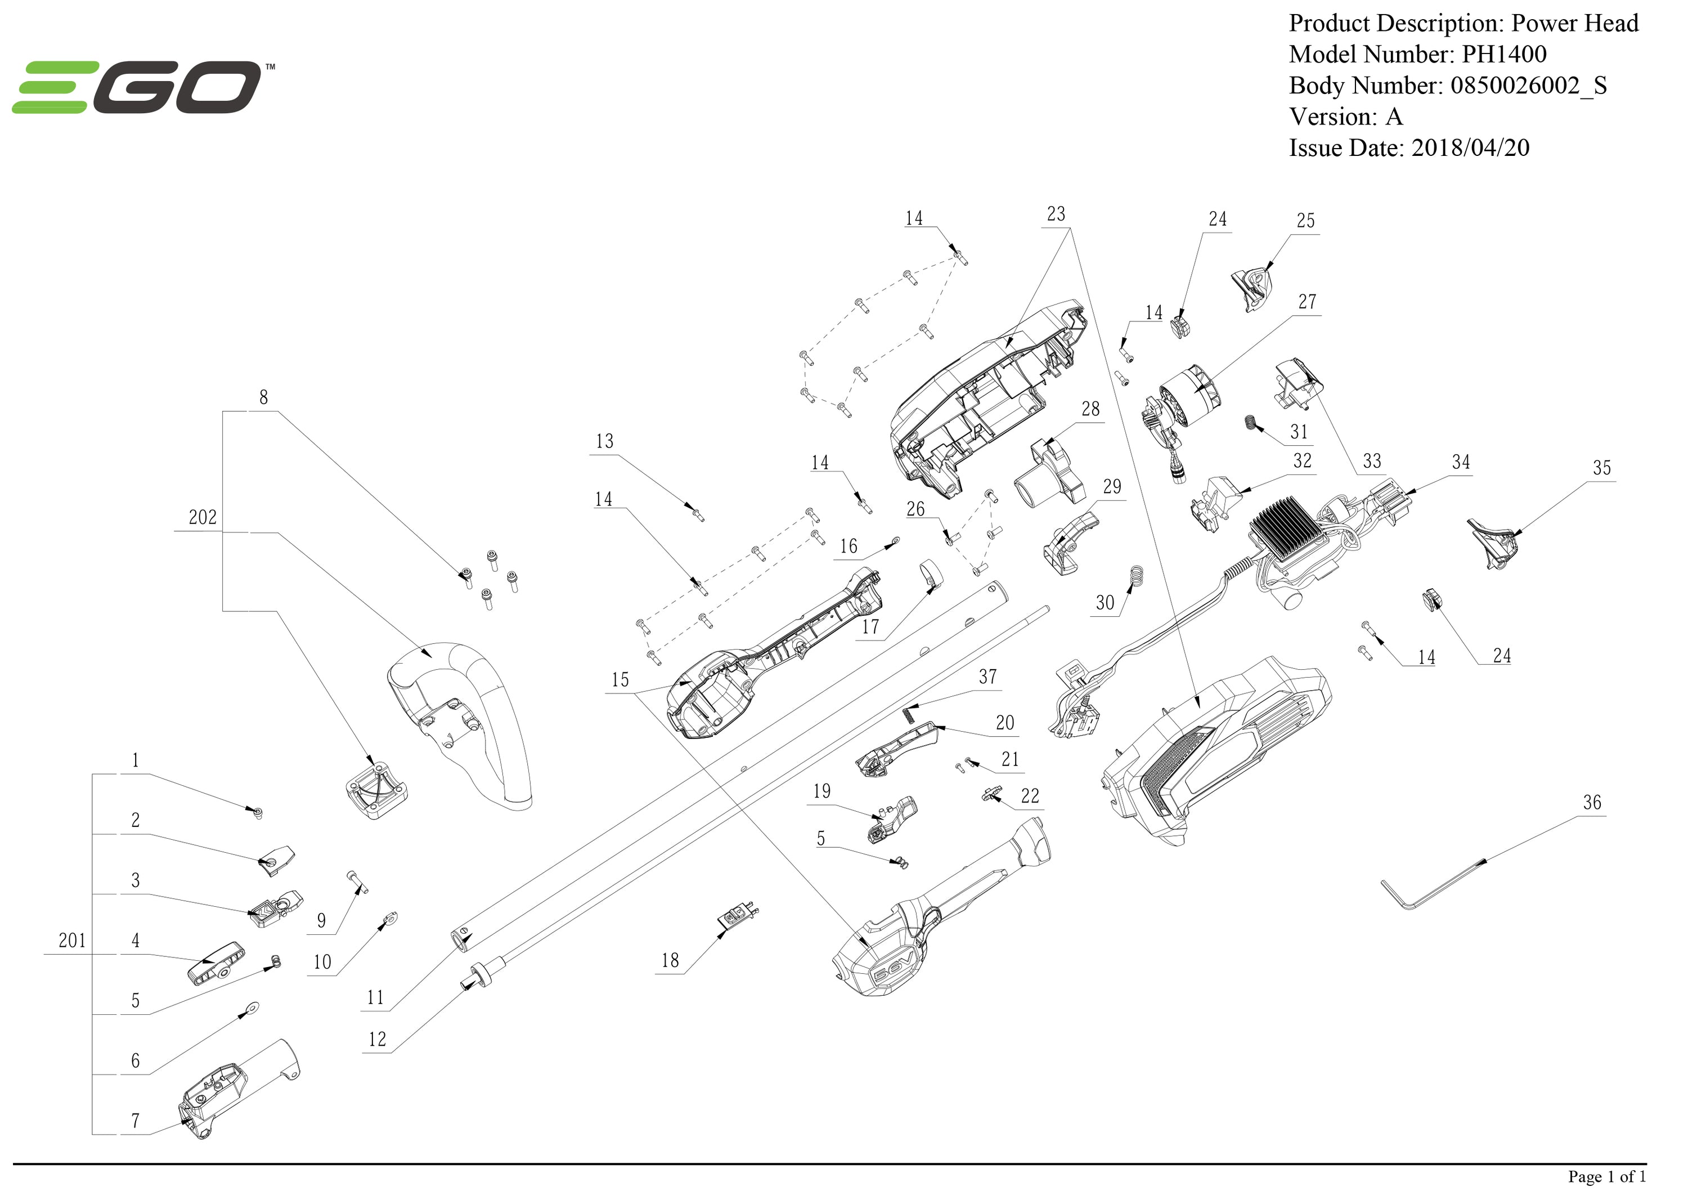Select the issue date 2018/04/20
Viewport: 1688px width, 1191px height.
point(1470,148)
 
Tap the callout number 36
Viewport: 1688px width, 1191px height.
point(1592,803)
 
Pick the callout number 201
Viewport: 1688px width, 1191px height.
point(72,940)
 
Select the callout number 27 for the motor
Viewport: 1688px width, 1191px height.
point(1307,302)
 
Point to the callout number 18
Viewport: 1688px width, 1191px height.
point(670,960)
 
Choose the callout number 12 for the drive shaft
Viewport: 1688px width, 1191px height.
point(376,1040)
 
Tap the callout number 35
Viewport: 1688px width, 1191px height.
point(1601,468)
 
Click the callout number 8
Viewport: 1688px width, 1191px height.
point(263,397)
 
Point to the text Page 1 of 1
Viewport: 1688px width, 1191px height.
point(1606,1176)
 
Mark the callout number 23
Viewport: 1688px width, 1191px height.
point(1056,214)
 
